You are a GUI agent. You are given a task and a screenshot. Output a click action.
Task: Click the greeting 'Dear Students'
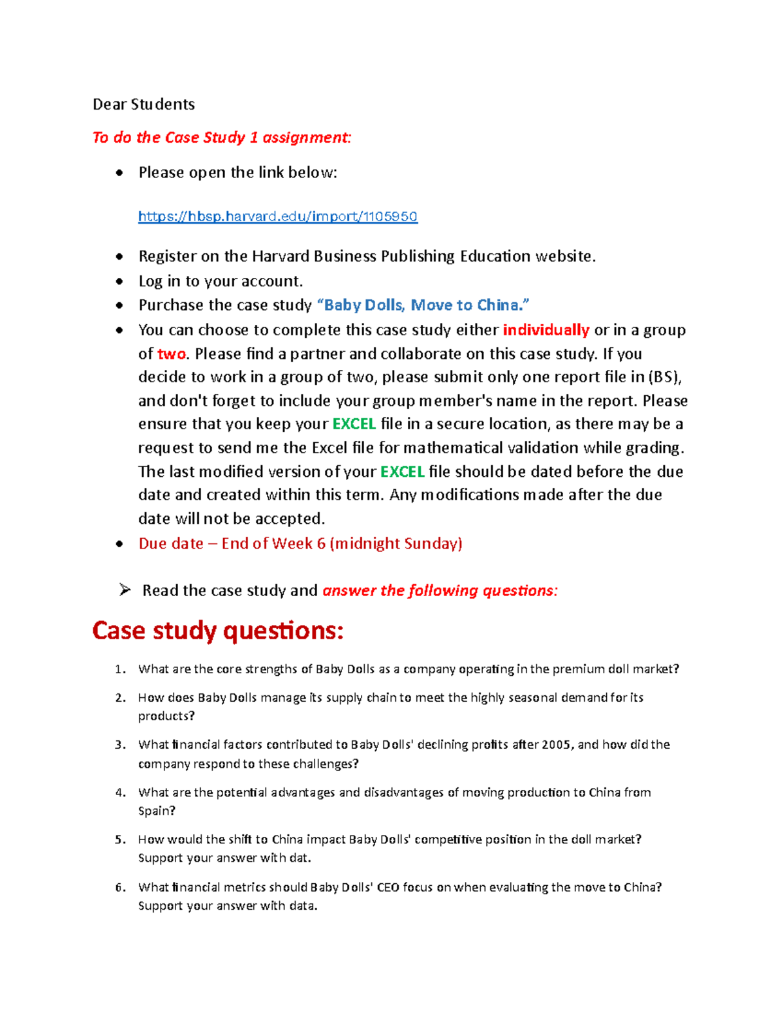click(144, 104)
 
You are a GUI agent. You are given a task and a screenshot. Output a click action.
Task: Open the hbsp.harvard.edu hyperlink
click(277, 217)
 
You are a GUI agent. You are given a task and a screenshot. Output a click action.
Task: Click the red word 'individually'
click(545, 330)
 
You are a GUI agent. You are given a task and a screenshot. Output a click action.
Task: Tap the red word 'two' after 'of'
click(172, 354)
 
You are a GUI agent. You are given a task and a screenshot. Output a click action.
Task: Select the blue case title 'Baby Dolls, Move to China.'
click(423, 305)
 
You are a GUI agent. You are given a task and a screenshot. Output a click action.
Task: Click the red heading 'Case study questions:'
click(217, 631)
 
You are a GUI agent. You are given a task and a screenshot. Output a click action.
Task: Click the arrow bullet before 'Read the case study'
click(125, 590)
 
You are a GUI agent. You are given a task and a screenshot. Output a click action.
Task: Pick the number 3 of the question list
click(119, 745)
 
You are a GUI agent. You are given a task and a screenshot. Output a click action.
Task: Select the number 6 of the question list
click(119, 888)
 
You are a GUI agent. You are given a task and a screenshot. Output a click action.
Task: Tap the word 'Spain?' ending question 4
click(157, 811)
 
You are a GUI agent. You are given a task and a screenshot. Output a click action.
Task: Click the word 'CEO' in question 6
click(388, 888)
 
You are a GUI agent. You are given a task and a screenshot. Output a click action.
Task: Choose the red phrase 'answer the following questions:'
click(440, 591)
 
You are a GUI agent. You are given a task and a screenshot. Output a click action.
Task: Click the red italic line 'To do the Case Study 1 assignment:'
click(222, 138)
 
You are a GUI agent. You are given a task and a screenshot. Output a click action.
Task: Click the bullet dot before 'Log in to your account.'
click(119, 282)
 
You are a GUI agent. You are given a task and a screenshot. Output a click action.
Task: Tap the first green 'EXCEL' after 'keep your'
click(354, 425)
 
